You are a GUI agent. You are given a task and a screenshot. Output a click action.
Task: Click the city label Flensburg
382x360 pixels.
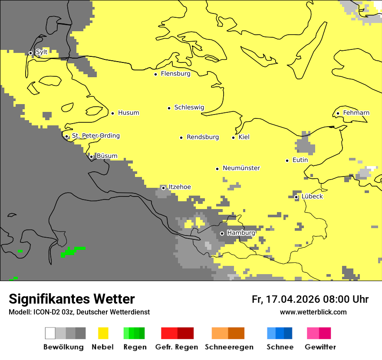pos(175,74)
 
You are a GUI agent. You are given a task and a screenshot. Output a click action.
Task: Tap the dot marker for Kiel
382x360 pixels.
pos(233,137)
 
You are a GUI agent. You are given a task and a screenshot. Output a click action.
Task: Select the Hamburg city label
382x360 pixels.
pos(241,233)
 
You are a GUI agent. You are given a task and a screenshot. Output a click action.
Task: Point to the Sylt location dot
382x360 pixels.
pos(30,53)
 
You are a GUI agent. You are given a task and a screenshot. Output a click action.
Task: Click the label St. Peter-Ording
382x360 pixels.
pos(95,136)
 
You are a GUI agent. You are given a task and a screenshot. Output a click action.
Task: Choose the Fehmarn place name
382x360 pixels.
pos(356,113)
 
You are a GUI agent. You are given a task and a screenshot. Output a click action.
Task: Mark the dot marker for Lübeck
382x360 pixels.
pos(296,197)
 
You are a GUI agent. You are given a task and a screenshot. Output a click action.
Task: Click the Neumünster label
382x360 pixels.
pos(241,168)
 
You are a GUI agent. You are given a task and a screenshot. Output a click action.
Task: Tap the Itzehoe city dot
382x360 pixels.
pos(163,188)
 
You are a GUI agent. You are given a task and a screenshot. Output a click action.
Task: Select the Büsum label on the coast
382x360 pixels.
pos(107,156)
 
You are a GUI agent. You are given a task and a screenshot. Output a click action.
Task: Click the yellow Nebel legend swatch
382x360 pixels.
pos(103,333)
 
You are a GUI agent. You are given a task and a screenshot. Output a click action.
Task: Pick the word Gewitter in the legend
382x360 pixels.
pos(320,347)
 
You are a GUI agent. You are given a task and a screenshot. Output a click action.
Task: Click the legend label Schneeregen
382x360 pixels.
pos(229,347)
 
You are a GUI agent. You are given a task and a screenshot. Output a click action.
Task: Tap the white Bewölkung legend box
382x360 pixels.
pos(50,333)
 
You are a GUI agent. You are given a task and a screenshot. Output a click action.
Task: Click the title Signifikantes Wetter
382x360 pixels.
pos(72,299)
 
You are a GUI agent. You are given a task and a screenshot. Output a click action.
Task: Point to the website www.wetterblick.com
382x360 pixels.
pos(313,312)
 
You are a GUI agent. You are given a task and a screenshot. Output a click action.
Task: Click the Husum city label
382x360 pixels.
pos(128,113)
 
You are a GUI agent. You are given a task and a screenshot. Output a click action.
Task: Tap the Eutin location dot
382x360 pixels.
pos(287,160)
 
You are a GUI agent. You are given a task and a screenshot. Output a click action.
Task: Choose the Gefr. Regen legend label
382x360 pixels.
pos(176,347)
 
